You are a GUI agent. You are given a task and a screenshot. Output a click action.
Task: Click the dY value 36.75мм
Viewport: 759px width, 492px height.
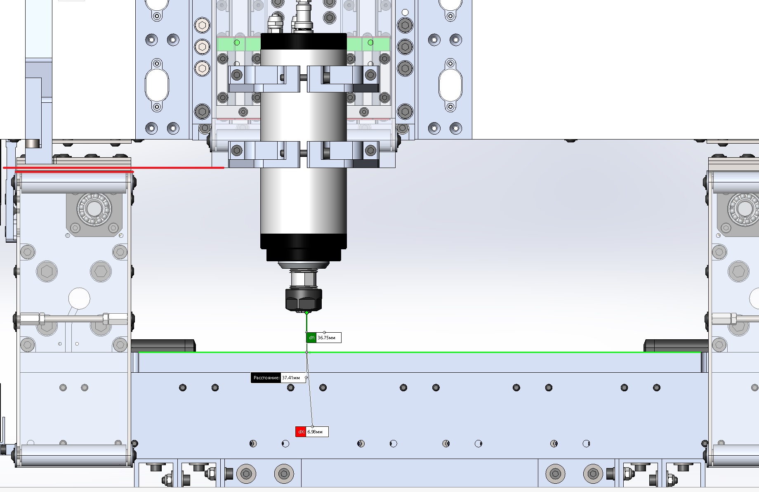pyautogui.click(x=327, y=338)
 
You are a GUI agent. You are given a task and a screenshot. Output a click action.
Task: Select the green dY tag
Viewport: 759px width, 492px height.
pyautogui.click(x=311, y=338)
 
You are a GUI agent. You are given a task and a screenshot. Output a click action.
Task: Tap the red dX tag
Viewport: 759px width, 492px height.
pyautogui.click(x=301, y=432)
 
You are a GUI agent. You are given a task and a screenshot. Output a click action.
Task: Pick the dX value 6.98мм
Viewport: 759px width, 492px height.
pyautogui.click(x=315, y=432)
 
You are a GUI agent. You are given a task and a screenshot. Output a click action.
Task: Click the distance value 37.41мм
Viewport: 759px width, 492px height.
pyautogui.click(x=291, y=378)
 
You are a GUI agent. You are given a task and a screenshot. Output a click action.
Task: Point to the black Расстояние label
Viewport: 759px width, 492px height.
pyautogui.click(x=266, y=378)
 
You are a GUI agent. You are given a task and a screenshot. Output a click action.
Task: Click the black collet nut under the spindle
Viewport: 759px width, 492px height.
pyautogui.click(x=304, y=300)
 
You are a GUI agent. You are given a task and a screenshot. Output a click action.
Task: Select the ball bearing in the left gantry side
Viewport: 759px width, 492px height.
pyautogui.click(x=94, y=209)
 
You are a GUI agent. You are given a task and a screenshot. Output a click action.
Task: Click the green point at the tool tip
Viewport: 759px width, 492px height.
pyautogui.click(x=306, y=313)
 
